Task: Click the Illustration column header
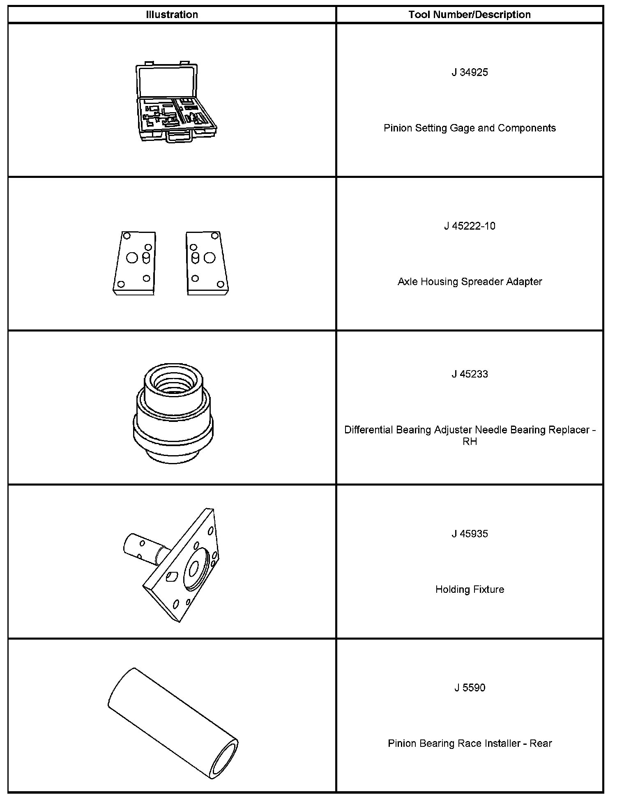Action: (172, 15)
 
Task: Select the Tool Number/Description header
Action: (470, 15)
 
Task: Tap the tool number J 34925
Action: (470, 73)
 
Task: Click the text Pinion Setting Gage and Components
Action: (470, 128)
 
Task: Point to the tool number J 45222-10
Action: (470, 226)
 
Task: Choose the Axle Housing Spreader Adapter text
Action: (470, 282)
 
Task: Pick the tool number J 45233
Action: (470, 374)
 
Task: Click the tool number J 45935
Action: (470, 534)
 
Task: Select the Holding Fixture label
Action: (470, 590)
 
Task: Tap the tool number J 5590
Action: (470, 688)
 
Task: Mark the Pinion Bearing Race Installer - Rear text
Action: (470, 743)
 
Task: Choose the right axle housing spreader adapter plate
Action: (207, 263)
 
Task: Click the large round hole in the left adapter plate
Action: (132, 258)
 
